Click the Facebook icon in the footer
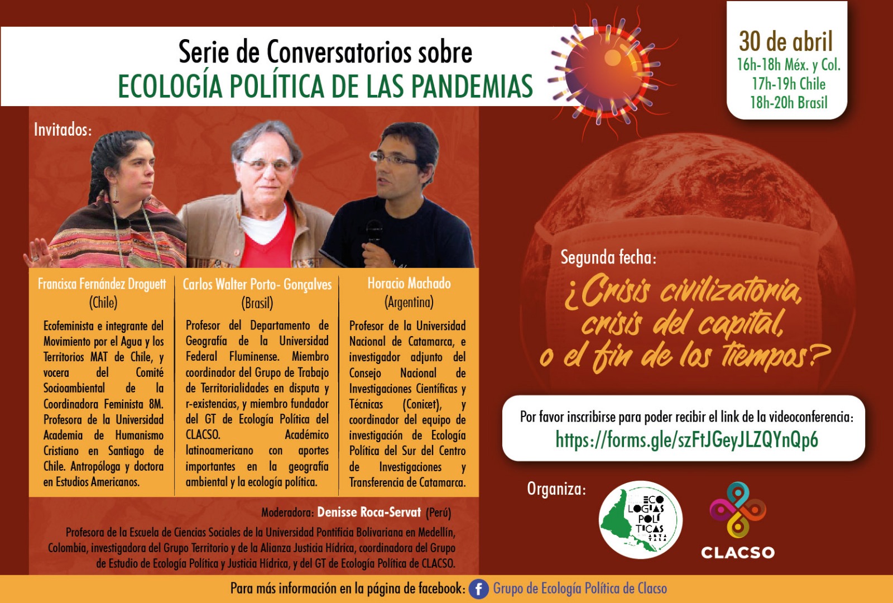[478, 588]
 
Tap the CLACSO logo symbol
[737, 510]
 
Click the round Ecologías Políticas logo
[640, 519]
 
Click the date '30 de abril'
[786, 41]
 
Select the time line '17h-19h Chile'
[789, 84]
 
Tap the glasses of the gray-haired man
[266, 164]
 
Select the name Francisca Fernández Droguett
[102, 284]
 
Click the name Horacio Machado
[409, 283]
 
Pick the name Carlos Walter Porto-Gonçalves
[257, 284]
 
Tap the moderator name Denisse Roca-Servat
[369, 512]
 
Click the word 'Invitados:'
[63, 130]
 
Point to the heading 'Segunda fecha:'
[608, 257]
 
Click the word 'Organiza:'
[556, 489]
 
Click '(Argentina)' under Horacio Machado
[409, 302]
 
